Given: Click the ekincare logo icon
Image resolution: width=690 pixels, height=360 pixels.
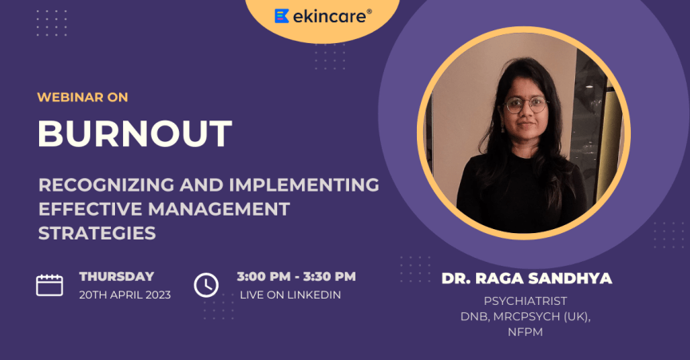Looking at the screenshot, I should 282,16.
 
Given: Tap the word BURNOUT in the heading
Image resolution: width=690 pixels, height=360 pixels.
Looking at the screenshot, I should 135,133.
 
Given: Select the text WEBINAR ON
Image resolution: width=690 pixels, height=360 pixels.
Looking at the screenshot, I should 83,97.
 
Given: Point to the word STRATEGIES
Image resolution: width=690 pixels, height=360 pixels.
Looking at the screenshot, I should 97,234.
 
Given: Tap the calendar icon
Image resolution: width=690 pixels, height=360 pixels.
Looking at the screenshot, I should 50,285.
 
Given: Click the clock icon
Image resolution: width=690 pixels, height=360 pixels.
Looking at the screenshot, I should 206,285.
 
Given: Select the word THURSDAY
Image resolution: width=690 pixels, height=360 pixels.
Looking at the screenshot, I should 117,277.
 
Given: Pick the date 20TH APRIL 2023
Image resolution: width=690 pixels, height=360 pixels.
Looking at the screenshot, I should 125,295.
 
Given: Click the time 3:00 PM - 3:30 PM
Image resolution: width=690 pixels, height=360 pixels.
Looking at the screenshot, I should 296,277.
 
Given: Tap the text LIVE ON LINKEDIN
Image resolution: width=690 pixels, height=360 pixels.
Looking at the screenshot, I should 291,295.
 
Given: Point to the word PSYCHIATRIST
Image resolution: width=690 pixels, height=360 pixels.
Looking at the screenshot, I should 525,301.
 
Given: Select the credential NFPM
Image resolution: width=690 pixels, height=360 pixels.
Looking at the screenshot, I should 525,331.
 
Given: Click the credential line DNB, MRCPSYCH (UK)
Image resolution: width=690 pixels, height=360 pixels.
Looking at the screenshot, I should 525,316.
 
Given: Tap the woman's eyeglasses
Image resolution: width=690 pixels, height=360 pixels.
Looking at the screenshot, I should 525,104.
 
